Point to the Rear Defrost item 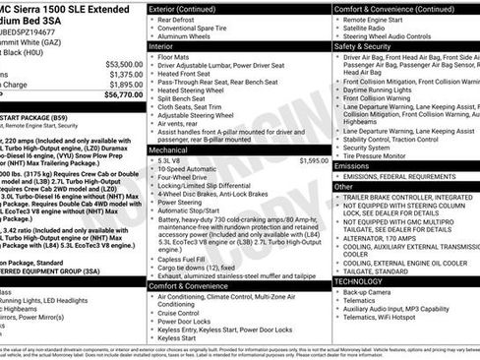[x=181, y=19]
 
